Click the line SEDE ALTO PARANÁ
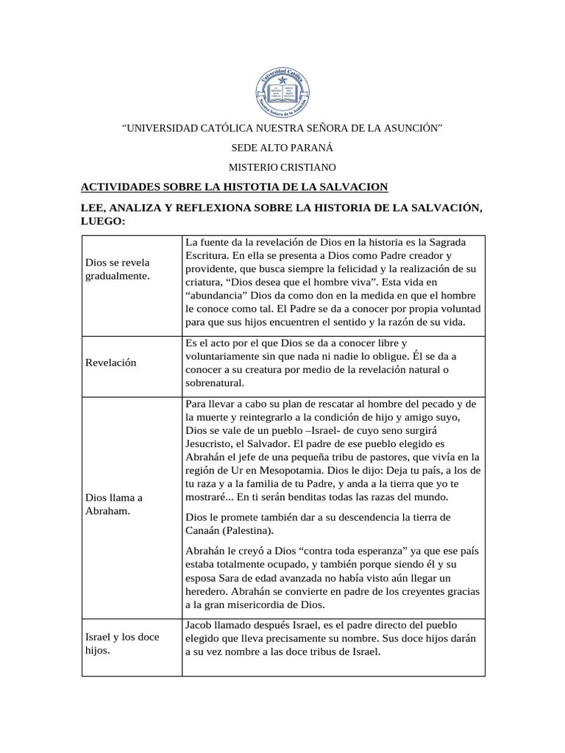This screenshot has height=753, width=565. pos(282,148)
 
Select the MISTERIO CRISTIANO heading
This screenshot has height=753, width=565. pos(282,168)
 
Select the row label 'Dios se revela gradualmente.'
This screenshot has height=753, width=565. pos(118,268)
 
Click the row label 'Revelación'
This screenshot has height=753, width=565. pos(110,363)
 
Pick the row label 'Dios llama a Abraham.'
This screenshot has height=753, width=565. pos(114,504)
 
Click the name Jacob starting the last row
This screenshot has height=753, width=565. pos(200,624)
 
